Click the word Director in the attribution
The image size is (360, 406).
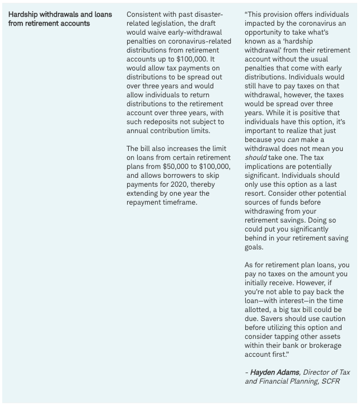click(311, 372)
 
